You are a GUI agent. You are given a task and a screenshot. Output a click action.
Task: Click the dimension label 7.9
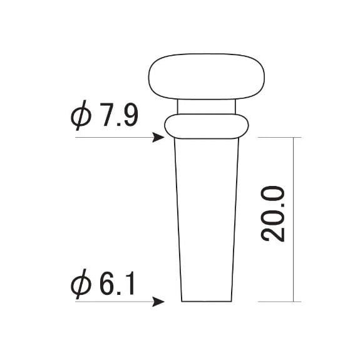119,115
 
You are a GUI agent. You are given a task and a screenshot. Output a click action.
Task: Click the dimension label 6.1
117,284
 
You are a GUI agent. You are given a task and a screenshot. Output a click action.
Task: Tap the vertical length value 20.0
273,214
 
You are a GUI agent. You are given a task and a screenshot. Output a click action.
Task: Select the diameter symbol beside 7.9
81,115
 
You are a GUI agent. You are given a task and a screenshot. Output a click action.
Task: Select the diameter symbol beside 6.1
81,284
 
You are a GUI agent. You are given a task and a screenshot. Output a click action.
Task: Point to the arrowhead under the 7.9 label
158,138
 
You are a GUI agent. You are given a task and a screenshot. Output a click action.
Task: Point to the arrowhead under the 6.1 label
158,301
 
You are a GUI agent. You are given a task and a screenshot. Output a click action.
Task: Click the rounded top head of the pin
207,76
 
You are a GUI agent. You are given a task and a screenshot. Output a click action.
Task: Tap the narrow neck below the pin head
207,106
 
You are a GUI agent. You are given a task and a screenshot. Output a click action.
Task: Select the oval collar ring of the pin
207,126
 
